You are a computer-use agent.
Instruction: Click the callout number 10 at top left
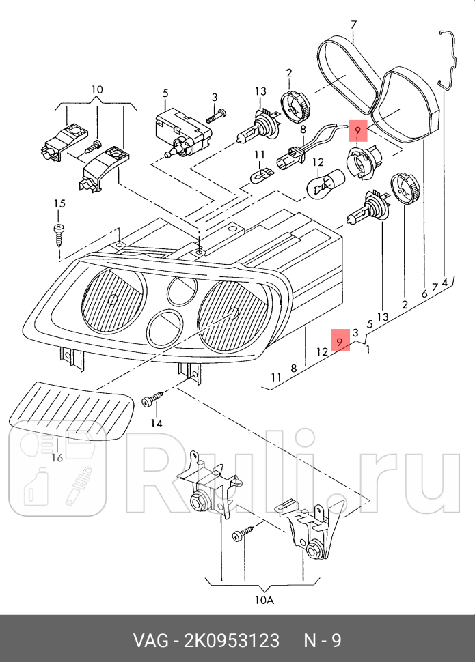[x=96, y=89]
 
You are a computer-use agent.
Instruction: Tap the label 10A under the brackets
[x=264, y=600]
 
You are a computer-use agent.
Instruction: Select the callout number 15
[x=59, y=203]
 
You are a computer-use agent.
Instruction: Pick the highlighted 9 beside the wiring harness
[x=359, y=128]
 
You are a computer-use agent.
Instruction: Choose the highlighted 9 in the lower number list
[x=340, y=339]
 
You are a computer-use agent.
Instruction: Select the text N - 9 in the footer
[x=323, y=641]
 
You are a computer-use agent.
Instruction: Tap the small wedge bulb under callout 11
[x=260, y=177]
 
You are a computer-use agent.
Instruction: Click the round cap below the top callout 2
[x=295, y=106]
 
